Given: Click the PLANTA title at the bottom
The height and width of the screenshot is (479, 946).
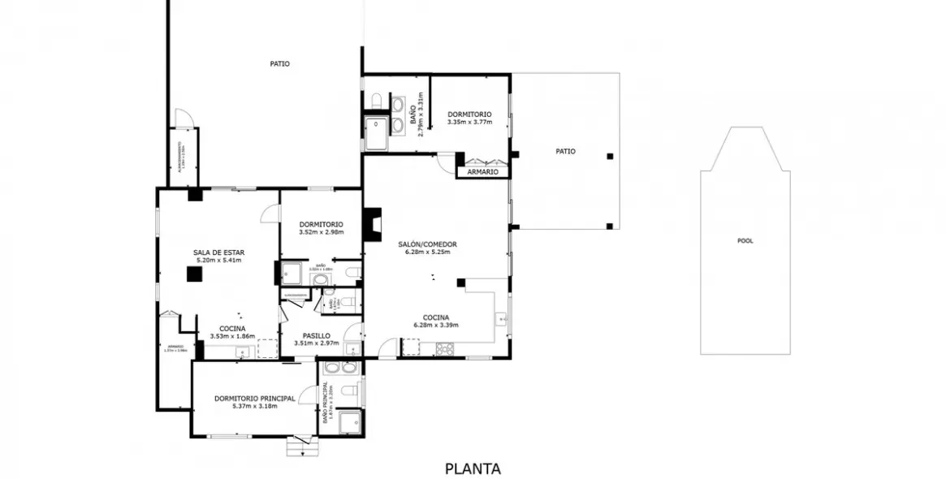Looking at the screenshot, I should (x=473, y=468).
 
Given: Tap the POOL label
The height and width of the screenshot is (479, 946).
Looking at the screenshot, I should (x=745, y=240).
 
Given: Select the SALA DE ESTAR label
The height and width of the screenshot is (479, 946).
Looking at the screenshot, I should (x=218, y=252).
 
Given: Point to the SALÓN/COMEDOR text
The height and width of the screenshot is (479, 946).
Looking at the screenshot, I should (x=427, y=244).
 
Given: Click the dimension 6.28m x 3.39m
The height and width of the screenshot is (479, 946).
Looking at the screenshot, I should (x=436, y=325).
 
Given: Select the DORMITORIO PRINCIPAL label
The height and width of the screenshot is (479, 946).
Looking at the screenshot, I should (x=254, y=398).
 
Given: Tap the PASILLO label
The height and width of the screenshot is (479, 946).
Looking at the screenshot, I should (x=316, y=335).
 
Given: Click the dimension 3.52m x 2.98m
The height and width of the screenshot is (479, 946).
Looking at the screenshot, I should (x=321, y=232).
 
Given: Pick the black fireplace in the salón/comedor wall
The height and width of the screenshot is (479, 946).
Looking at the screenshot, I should (x=372, y=225).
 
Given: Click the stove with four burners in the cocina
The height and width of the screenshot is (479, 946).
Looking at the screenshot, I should (x=445, y=349).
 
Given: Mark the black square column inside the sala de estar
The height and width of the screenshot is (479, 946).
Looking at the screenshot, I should (x=194, y=274).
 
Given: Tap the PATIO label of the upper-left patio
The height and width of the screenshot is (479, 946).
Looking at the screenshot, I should (x=279, y=63).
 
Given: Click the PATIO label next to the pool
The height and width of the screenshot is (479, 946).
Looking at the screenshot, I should (x=565, y=151).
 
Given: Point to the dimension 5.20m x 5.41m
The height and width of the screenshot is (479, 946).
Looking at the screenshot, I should (x=218, y=261).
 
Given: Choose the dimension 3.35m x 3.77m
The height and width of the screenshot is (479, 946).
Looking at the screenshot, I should (x=470, y=123).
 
